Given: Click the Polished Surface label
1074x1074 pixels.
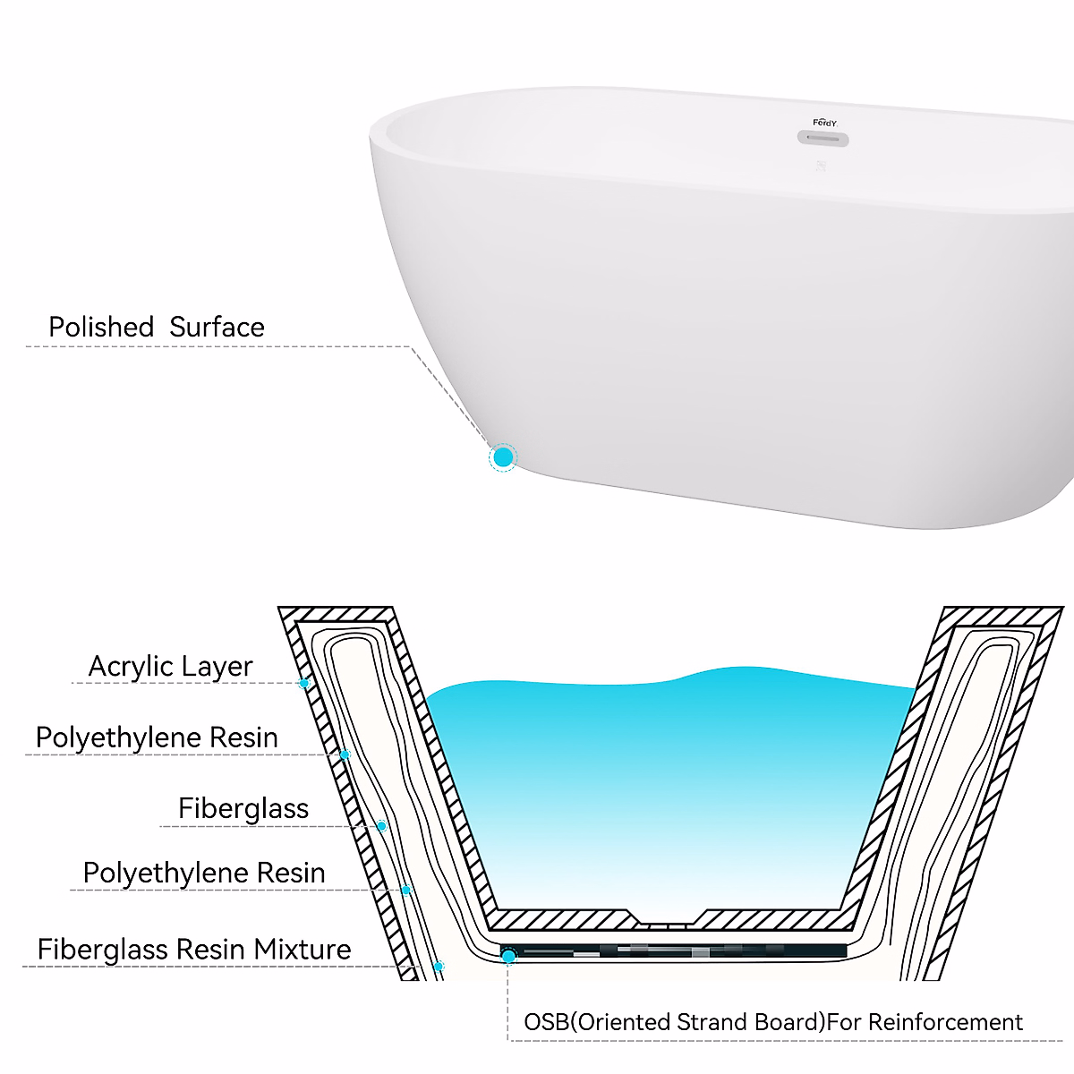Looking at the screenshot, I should point(157,327).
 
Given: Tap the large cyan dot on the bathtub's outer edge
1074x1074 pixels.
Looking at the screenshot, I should point(503,457).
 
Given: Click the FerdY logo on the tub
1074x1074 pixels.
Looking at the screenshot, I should point(824,123).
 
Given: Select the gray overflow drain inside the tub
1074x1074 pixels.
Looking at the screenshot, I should point(823,139).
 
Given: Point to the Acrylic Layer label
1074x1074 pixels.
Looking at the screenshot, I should point(170,666).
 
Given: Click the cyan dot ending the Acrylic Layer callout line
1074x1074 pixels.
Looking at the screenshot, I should point(304,684).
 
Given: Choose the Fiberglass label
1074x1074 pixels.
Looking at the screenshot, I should point(243,808).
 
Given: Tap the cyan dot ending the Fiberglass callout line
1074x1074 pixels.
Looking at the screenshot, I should point(382,826).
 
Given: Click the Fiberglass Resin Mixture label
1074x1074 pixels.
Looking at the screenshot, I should point(194,949).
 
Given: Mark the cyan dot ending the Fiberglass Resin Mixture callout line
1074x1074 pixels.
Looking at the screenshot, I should point(439,967).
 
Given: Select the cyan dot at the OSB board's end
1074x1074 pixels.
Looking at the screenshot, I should point(508,957).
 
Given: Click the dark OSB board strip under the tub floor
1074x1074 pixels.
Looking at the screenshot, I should point(680,950).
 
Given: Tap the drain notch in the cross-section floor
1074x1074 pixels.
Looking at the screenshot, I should point(669,919).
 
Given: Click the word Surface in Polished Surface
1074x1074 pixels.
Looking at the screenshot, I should point(217,327).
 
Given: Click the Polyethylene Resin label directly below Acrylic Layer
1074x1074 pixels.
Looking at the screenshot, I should point(157,737).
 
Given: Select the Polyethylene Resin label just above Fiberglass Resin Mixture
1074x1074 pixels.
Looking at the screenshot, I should point(204,873).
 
